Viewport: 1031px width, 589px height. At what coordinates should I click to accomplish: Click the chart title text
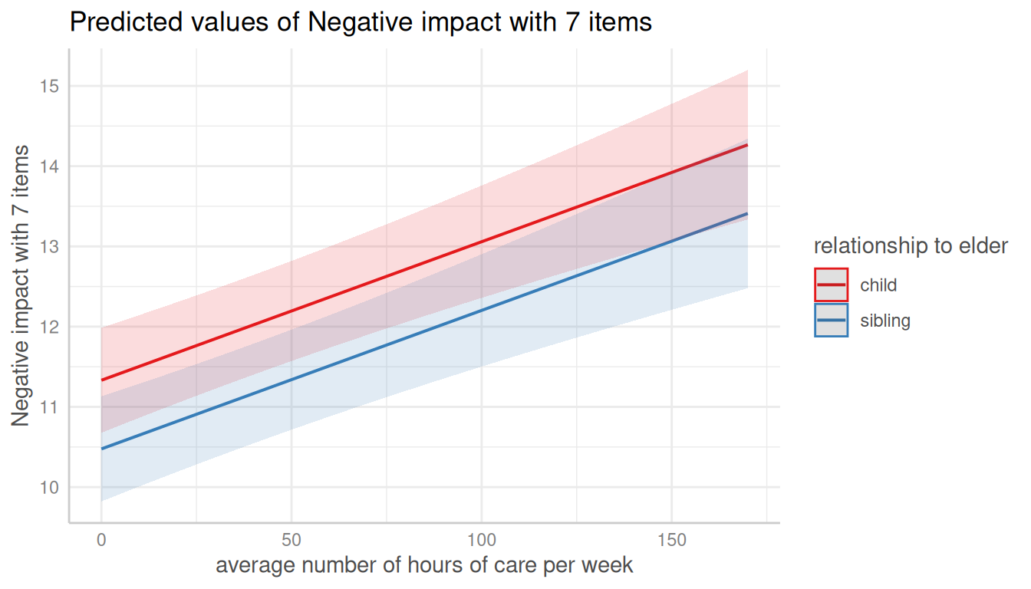[x=361, y=22]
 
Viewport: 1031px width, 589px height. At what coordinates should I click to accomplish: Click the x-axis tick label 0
[x=101, y=540]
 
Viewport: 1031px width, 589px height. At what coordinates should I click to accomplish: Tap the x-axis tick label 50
[x=292, y=540]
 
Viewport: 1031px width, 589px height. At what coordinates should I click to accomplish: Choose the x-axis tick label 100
[x=482, y=540]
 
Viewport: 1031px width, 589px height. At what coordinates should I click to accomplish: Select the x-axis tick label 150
[x=672, y=540]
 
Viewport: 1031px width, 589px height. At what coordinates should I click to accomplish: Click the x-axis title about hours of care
[x=424, y=566]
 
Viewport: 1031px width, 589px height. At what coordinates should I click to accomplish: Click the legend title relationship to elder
[x=911, y=246]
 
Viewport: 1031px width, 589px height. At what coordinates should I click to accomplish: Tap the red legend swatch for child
[x=832, y=285]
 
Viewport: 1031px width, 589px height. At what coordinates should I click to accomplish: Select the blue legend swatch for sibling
[x=832, y=321]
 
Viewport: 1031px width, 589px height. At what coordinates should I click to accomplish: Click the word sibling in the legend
[x=885, y=321]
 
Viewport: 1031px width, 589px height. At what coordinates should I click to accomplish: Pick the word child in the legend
[x=878, y=285]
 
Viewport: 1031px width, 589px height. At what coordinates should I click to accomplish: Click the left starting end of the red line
[x=102, y=380]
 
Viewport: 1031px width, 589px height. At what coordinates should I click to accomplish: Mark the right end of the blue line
[x=747, y=214]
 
